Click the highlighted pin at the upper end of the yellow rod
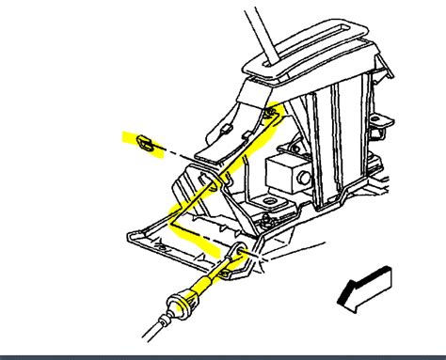(270, 115)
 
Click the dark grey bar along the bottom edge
(223, 356)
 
